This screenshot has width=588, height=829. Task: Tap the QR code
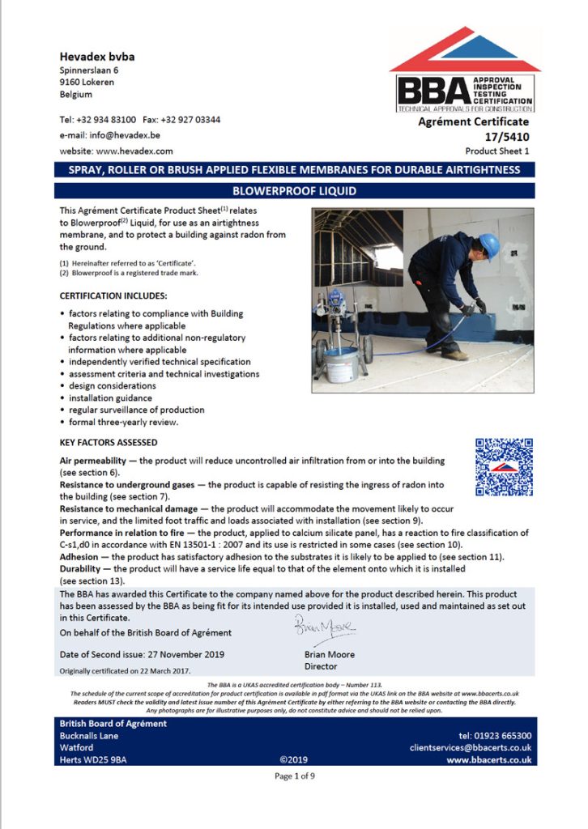pyautogui.click(x=503, y=466)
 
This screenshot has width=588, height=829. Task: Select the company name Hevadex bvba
pyautogui.click(x=97, y=57)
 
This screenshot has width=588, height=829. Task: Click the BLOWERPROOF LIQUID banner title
pyautogui.click(x=294, y=191)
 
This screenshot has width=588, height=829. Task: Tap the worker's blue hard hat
pyautogui.click(x=488, y=244)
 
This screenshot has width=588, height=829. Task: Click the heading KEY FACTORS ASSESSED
pyautogui.click(x=109, y=443)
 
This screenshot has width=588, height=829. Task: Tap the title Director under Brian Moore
pyautogui.click(x=320, y=666)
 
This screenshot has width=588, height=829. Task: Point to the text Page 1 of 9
pyautogui.click(x=294, y=776)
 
